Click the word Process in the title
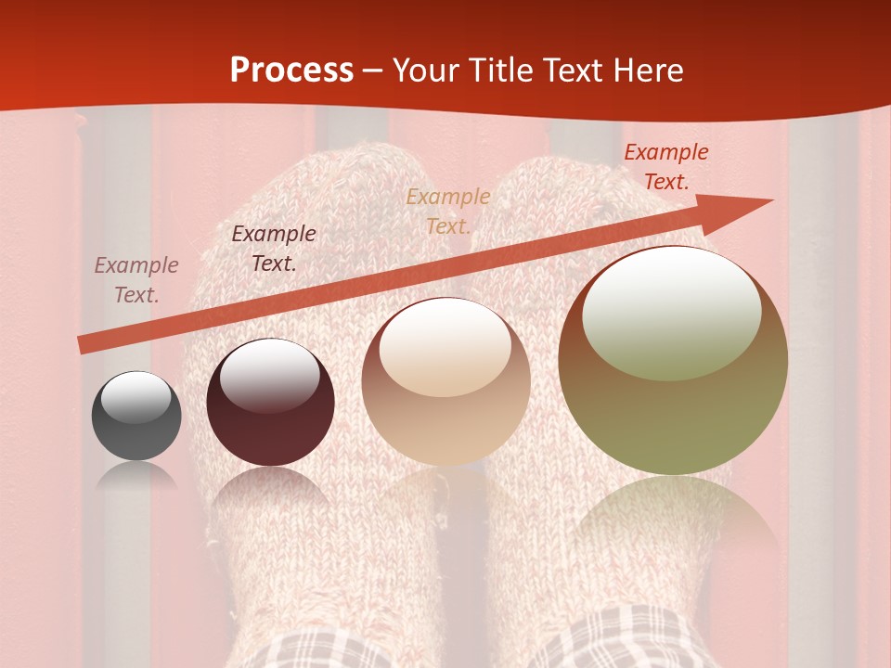(x=291, y=71)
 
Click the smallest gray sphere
(x=136, y=417)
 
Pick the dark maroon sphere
(x=270, y=403)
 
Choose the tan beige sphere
(x=445, y=381)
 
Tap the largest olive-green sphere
(x=673, y=361)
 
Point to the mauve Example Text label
(x=136, y=280)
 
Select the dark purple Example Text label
(x=274, y=249)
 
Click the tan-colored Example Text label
(x=448, y=212)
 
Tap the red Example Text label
(x=666, y=167)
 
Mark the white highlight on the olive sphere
(x=671, y=314)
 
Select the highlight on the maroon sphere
(x=269, y=375)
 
